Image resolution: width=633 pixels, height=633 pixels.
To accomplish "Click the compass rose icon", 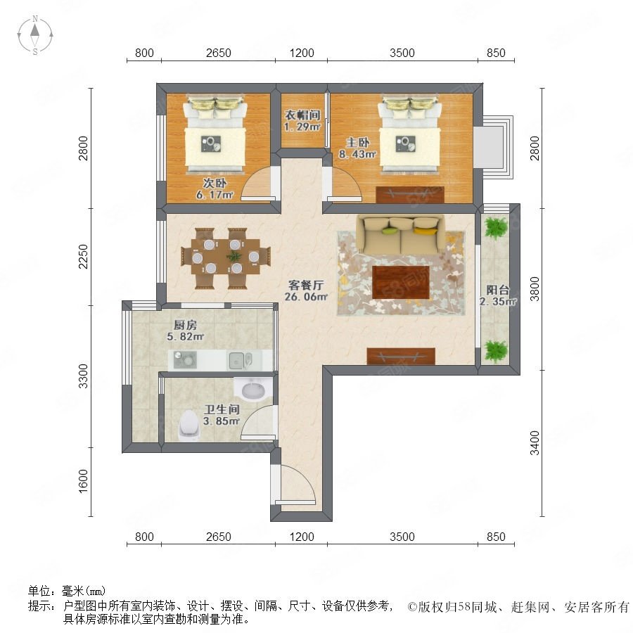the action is coord(35,35).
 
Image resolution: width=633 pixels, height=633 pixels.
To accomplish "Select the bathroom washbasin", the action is coord(253,389).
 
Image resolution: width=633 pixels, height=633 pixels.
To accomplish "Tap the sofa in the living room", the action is coord(400,235).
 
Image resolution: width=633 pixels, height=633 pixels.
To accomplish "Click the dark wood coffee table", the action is coord(401,282).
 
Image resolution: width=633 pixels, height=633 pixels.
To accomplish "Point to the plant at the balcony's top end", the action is coord(496,228).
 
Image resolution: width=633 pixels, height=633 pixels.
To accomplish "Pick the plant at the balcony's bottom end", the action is coord(496,351).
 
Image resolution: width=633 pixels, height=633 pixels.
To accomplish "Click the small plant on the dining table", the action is coord(234,255).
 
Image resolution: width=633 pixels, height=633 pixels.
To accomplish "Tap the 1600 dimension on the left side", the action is coord(83,481).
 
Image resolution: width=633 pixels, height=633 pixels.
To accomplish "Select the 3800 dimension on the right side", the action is coord(535,289).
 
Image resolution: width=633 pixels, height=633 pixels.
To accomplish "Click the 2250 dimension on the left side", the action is coord(83,257).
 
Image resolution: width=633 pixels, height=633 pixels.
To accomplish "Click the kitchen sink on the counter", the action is coord(239,360).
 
